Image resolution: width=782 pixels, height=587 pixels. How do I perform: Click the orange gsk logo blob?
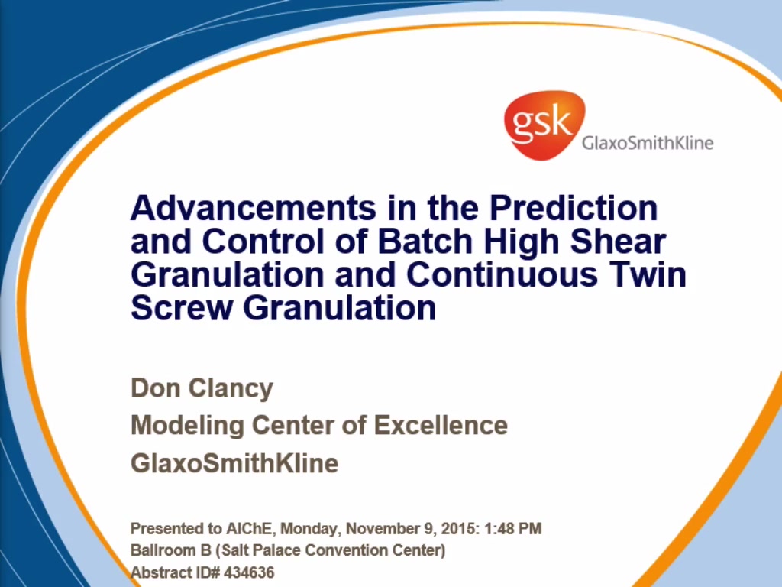(x=544, y=125)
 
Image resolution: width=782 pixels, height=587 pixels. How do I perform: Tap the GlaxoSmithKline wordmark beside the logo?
(x=648, y=143)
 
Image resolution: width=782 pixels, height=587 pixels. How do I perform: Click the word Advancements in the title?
(x=254, y=208)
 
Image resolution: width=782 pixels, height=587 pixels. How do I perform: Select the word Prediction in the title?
(x=574, y=208)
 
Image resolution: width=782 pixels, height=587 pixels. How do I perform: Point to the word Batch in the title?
(x=425, y=241)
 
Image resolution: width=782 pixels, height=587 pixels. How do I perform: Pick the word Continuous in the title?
(x=502, y=274)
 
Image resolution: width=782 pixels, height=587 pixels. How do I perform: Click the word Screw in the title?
(x=182, y=308)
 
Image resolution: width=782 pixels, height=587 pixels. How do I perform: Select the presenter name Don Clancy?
(x=202, y=389)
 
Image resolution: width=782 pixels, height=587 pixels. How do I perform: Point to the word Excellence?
(x=441, y=425)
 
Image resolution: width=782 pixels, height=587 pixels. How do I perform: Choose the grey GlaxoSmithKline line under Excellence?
(x=234, y=463)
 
